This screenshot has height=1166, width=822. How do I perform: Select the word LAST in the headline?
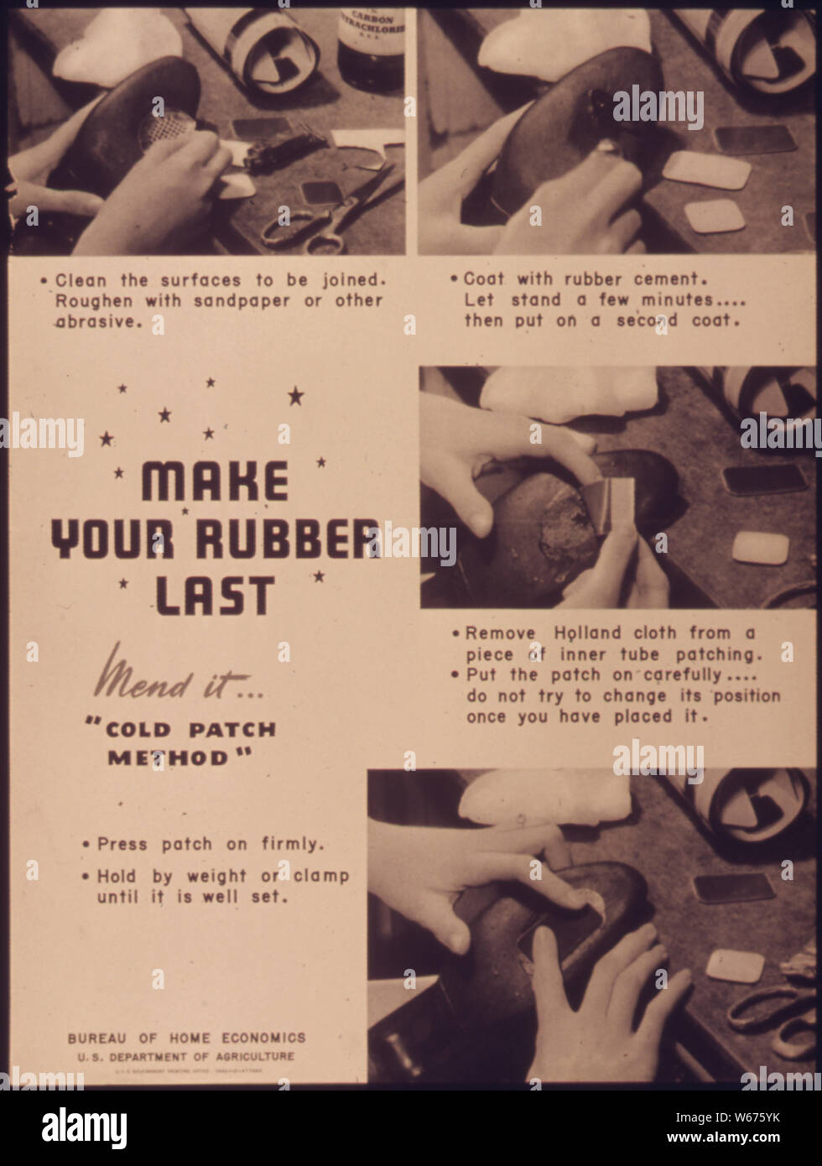(215, 595)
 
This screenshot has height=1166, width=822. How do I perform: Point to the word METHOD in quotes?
(168, 757)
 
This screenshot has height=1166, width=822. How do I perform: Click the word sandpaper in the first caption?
(245, 300)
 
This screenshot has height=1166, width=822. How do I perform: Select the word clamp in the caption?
(321, 876)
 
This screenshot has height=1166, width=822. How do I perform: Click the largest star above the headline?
(296, 395)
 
